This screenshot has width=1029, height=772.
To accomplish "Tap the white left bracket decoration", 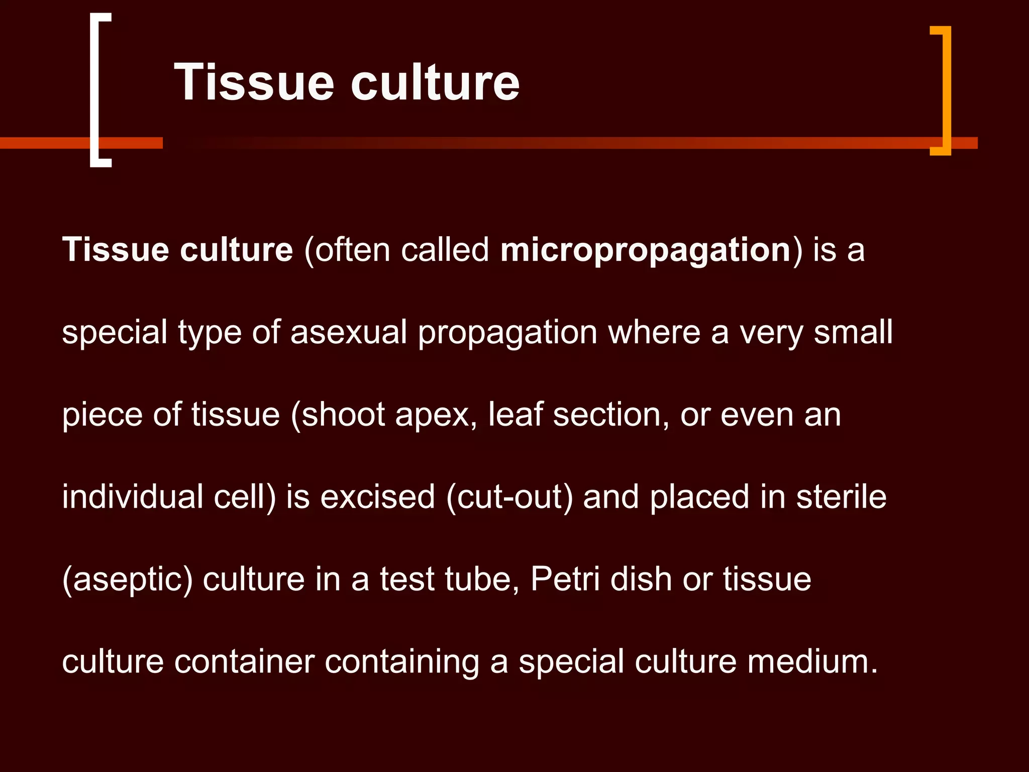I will click(x=94, y=90).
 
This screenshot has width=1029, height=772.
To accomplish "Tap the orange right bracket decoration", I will click(x=947, y=90).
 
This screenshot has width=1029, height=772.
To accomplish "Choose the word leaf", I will click(x=516, y=415).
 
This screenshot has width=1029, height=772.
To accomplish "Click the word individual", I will click(x=132, y=497).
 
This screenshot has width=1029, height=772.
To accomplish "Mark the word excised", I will click(x=377, y=497).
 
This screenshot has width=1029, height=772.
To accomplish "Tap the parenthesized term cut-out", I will click(x=509, y=497).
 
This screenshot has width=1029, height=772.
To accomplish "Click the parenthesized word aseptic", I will click(x=128, y=580).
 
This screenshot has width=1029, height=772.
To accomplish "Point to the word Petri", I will click(x=565, y=579).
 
